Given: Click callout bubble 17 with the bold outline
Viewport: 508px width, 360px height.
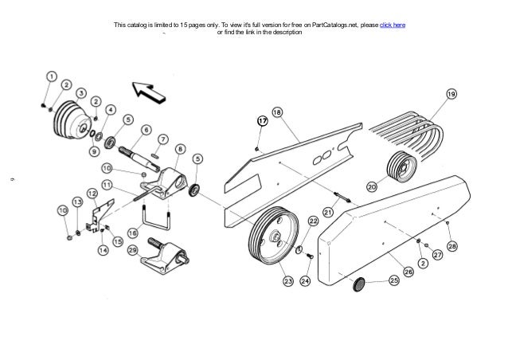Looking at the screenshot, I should coord(261,121).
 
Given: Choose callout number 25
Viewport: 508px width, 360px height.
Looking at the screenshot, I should coord(393,281).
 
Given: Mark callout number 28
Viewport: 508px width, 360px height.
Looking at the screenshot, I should coord(451,247).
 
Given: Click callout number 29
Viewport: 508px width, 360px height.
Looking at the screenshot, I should coord(133,250).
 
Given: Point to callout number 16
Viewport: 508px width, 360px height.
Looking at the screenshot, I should coord(133,233).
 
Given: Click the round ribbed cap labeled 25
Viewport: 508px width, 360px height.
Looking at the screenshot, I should coord(358,283).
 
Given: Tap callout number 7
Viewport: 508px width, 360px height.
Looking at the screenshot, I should coord(163,139).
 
